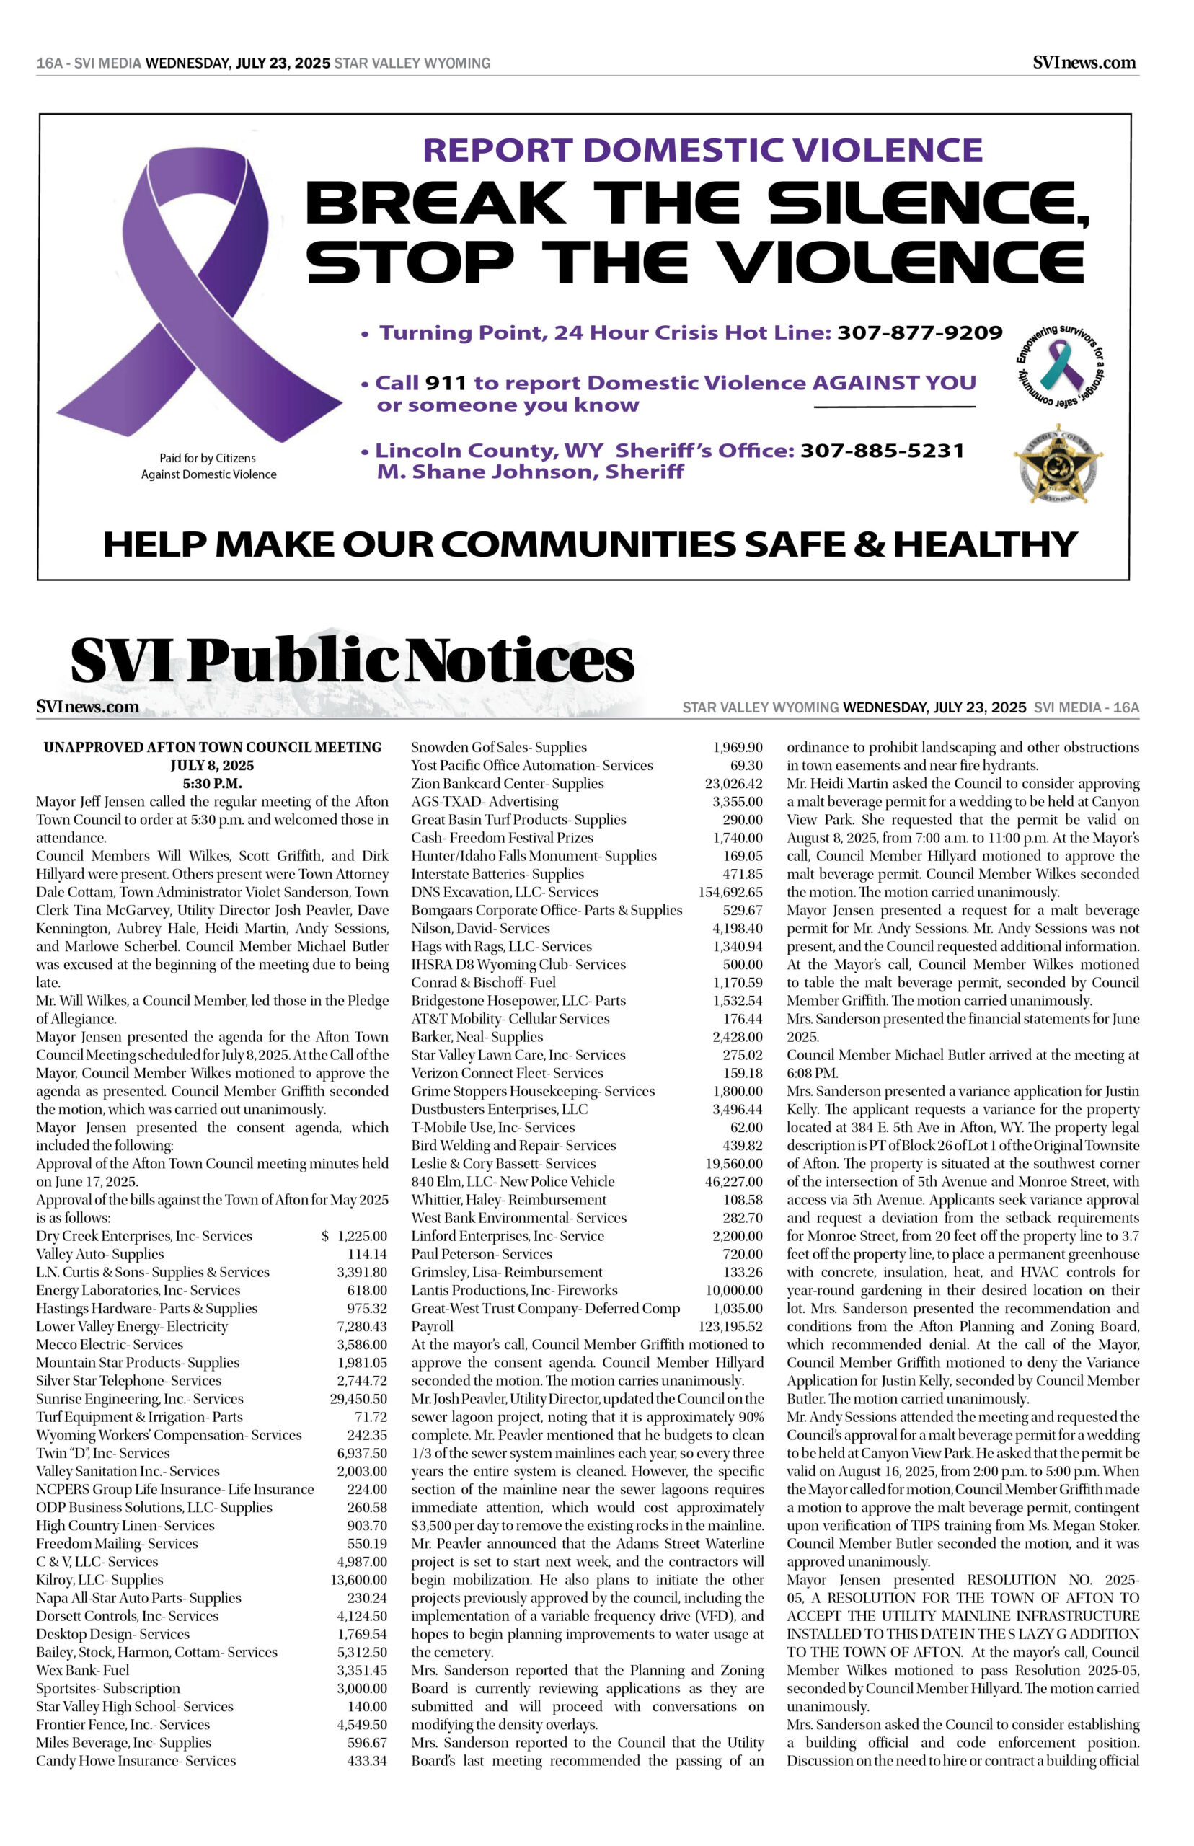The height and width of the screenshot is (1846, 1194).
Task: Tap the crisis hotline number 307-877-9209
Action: click(919, 332)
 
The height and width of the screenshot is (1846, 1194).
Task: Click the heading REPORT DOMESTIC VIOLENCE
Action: click(702, 150)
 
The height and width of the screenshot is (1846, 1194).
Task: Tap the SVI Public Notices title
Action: click(353, 661)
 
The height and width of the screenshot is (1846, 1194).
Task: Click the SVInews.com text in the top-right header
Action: click(1084, 63)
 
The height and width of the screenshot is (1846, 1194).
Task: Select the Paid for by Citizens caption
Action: click(208, 466)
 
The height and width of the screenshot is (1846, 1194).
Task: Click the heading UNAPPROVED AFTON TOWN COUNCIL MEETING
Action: click(213, 747)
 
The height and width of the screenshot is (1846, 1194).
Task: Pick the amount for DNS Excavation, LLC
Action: click(730, 893)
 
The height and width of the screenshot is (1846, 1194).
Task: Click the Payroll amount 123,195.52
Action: click(730, 1327)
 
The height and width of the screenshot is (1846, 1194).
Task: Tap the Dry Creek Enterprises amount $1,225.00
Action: click(355, 1236)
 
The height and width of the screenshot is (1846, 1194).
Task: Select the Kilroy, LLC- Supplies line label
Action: click(100, 1580)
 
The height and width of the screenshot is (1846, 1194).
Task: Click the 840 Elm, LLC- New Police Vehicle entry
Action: click(513, 1182)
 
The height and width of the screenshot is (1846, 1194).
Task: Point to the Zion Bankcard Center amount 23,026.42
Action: click(733, 784)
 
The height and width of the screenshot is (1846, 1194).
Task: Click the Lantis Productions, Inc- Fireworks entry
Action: click(514, 1290)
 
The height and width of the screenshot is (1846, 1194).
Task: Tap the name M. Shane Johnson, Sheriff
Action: click(529, 472)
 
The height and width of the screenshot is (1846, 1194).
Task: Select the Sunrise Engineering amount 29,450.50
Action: click(358, 1399)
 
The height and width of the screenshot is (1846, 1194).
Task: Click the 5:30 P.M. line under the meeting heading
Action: click(213, 784)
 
